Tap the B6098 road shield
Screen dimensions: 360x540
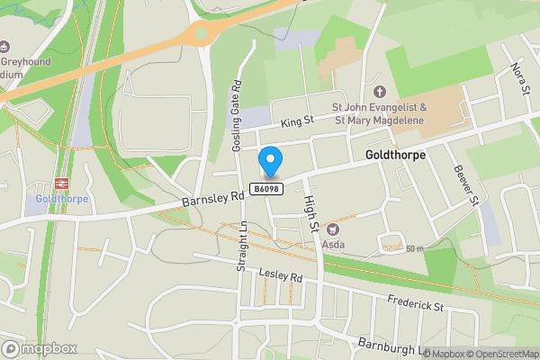pos(267,189)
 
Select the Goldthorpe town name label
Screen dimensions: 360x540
pos(395,155)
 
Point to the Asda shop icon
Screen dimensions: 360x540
pos(331,229)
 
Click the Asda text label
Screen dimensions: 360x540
pos(334,244)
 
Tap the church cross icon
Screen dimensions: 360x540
pos(379,91)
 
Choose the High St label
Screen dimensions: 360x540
pos(310,213)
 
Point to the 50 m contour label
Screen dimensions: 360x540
pos(414,248)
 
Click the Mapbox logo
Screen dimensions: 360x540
pos(38,348)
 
